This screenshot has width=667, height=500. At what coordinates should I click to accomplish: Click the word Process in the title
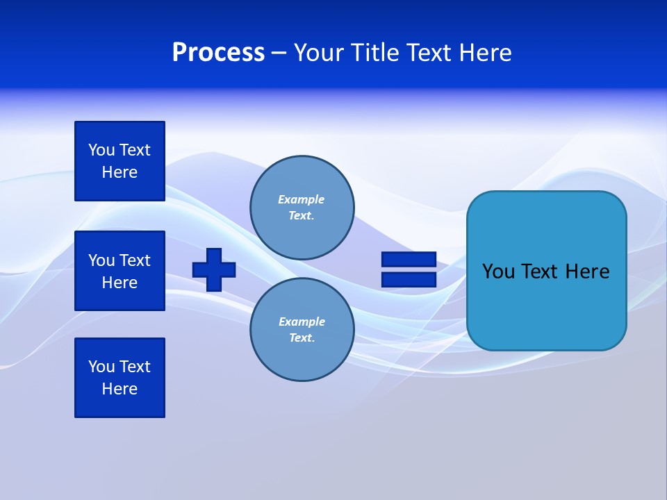point(218,53)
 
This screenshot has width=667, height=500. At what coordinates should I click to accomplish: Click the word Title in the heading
point(374,53)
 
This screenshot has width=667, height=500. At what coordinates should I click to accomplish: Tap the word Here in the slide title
point(484,53)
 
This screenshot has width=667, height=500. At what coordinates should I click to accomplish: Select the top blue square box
point(120,161)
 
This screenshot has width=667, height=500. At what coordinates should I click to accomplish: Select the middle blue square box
point(120,271)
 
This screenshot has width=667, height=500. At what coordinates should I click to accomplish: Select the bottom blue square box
point(120,378)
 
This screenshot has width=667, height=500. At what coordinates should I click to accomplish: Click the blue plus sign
point(214,269)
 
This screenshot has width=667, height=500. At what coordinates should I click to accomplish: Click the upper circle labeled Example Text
point(302,208)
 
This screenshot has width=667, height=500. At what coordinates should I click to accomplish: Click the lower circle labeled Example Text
point(302,330)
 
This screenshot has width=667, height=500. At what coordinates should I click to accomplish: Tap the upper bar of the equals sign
point(409,260)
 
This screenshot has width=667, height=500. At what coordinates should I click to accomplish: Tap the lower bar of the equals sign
point(409,280)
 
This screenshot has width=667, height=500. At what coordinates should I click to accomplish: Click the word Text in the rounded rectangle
point(540,272)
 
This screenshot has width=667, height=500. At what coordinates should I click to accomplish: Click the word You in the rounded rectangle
point(498,272)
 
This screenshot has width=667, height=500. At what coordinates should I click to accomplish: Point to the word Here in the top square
point(120,172)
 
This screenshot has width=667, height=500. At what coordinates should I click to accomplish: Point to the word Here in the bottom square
point(120,389)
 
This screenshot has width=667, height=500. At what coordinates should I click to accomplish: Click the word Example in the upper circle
point(301,199)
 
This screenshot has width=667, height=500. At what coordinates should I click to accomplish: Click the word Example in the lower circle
point(302,322)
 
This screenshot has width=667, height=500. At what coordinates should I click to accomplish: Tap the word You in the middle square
point(101,260)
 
